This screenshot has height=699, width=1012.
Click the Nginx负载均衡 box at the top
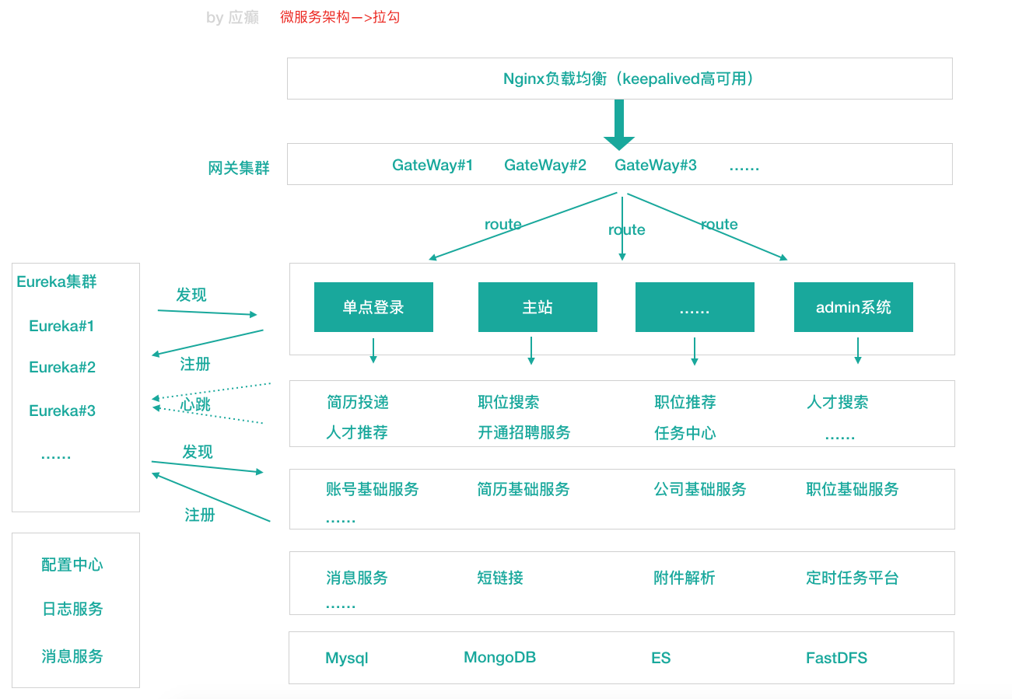click(619, 79)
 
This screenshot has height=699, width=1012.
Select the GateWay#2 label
click(545, 165)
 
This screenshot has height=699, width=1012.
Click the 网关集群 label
click(239, 168)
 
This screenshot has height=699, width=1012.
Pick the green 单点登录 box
click(373, 307)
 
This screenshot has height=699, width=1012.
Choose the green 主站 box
click(538, 307)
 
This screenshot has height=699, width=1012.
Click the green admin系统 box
click(853, 307)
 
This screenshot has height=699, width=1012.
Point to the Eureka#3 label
click(62, 411)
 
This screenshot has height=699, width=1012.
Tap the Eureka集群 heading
click(57, 281)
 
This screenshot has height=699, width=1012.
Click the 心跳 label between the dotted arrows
click(195, 404)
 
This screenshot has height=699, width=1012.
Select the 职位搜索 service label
click(509, 402)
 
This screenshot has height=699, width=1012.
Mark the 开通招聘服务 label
click(524, 432)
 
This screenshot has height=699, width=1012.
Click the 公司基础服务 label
click(700, 489)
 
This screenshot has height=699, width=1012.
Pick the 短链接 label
click(500, 578)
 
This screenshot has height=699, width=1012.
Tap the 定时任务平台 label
click(853, 578)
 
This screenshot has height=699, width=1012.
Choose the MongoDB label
click(499, 658)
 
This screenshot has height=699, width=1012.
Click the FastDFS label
click(836, 658)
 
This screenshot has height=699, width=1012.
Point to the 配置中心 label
click(72, 564)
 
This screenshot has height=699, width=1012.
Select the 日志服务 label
click(72, 609)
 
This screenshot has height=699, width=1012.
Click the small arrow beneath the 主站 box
click(531, 351)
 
